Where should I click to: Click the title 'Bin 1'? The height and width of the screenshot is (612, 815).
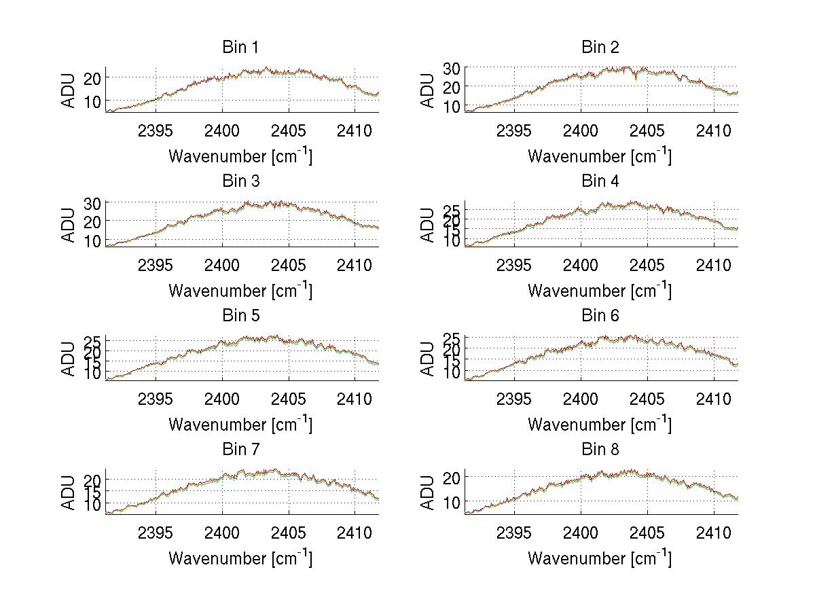240,48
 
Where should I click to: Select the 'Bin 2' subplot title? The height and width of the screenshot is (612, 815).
600,48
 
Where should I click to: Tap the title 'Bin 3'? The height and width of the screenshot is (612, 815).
240,181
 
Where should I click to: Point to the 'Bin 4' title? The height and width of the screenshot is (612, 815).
600,181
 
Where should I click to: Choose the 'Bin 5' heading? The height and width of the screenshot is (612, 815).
240,316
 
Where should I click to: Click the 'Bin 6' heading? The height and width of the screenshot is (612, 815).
600,316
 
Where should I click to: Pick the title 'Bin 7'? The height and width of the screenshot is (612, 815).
240,450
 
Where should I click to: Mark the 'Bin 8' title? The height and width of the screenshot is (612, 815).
600,450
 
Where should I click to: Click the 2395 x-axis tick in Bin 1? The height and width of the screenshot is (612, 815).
156,130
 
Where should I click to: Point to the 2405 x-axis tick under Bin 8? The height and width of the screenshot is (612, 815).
647,533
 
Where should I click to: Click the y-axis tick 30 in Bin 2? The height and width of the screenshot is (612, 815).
452,68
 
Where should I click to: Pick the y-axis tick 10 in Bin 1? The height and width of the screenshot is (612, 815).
92,101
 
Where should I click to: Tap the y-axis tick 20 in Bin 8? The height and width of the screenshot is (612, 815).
452,478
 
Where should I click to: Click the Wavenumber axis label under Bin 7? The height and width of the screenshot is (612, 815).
240,558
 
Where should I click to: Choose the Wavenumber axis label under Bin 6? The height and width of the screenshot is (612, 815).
600,425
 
